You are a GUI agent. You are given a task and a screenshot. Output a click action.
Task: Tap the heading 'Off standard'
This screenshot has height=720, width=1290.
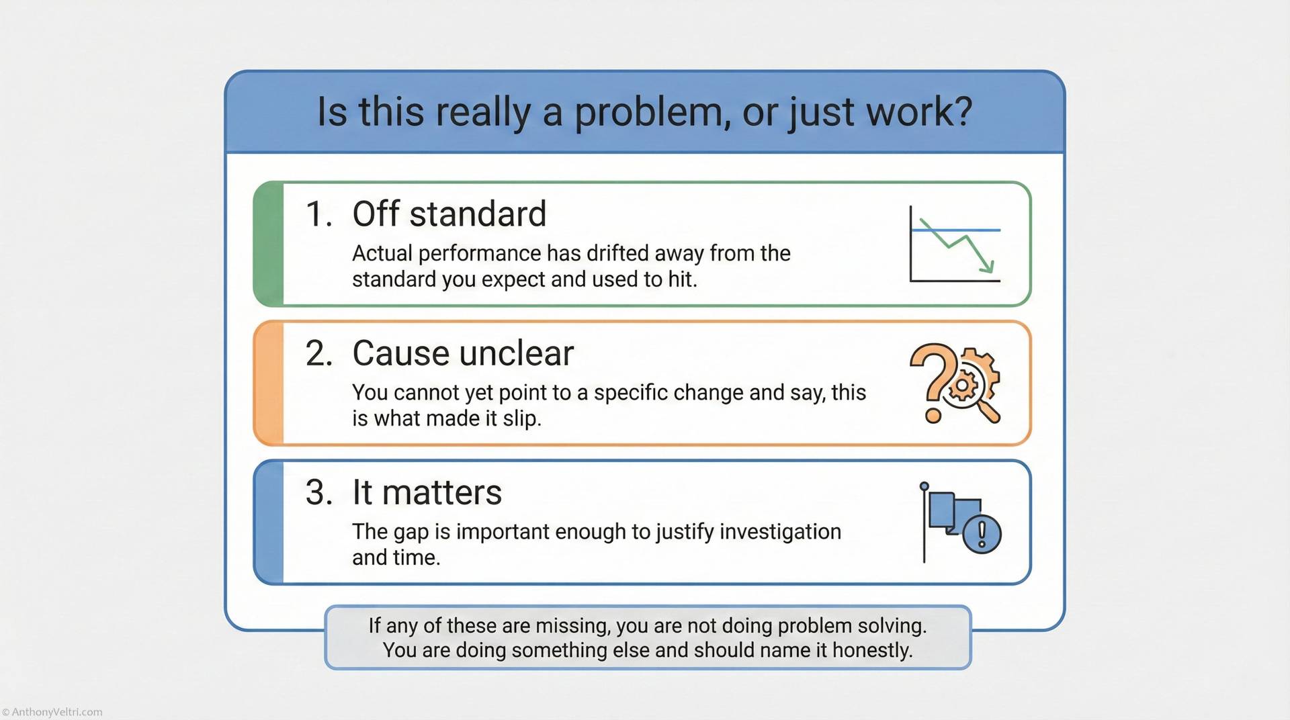[449, 214]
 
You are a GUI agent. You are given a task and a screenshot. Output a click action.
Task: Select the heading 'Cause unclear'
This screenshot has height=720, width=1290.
[463, 353]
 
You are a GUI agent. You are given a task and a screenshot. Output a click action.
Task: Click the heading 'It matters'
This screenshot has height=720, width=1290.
[427, 492]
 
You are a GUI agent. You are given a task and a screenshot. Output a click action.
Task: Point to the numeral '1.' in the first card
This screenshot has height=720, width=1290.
[319, 214]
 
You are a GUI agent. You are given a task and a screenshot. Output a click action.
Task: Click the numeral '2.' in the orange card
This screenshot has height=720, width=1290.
[319, 353]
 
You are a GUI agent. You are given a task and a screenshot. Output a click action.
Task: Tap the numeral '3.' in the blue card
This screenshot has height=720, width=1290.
[319, 492]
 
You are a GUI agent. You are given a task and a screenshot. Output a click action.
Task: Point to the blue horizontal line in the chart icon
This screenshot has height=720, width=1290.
[955, 230]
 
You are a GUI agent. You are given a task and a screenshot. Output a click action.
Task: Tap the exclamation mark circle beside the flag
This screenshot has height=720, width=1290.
[982, 534]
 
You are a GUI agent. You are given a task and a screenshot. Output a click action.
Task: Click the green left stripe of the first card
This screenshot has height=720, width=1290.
[269, 244]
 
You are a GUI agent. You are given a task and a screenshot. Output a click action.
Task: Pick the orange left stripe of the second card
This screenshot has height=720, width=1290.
[269, 383]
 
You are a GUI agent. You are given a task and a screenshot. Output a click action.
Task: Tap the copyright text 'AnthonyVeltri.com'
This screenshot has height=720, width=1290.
[56, 712]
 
